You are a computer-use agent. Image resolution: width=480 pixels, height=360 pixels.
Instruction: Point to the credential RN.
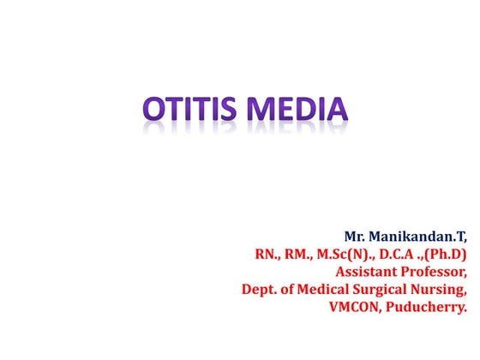tap(267, 255)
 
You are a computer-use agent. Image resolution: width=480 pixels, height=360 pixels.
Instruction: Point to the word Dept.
tap(260, 293)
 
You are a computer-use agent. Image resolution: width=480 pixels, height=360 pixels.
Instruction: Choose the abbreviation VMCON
tap(358, 312)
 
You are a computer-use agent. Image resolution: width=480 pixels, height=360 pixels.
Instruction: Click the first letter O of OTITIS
tap(155, 111)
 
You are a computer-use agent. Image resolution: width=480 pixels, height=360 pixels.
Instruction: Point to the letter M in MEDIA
tap(265, 111)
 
